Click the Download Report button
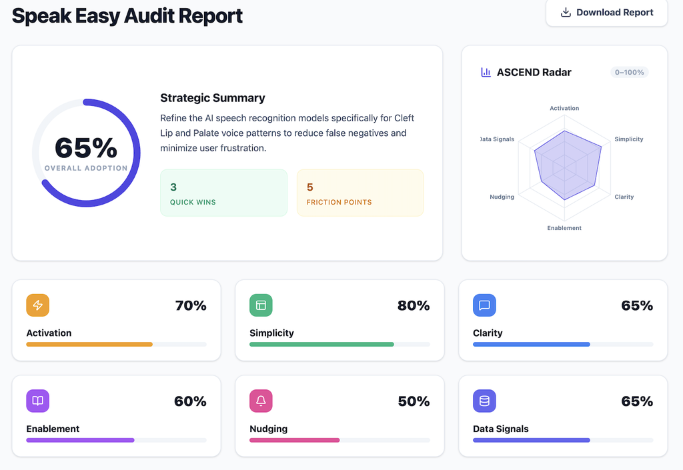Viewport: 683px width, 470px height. click(606, 12)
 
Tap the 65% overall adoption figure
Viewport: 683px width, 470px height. click(86, 148)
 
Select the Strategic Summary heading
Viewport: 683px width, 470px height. click(213, 98)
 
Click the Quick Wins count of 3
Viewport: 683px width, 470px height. click(173, 187)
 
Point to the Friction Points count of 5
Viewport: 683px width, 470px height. click(309, 187)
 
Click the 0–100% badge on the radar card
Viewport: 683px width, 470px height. click(630, 72)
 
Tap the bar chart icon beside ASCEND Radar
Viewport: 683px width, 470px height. click(486, 72)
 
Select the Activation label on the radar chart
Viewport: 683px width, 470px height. click(564, 108)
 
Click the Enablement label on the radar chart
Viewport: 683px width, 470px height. click(564, 228)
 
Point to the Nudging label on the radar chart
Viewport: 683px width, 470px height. click(502, 197)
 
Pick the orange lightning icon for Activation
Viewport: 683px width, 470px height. click(37, 305)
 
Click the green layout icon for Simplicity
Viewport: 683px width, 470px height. click(261, 305)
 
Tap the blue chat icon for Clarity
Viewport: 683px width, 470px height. click(484, 305)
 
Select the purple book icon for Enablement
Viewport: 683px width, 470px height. click(37, 401)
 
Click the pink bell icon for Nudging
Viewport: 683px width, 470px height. click(261, 401)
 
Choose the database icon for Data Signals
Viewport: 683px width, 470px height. click(484, 401)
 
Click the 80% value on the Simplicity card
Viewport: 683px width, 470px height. click(414, 305)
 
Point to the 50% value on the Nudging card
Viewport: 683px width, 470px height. click(414, 401)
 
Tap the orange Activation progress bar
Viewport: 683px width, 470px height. click(89, 344)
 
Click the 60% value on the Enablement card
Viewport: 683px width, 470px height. click(190, 401)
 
